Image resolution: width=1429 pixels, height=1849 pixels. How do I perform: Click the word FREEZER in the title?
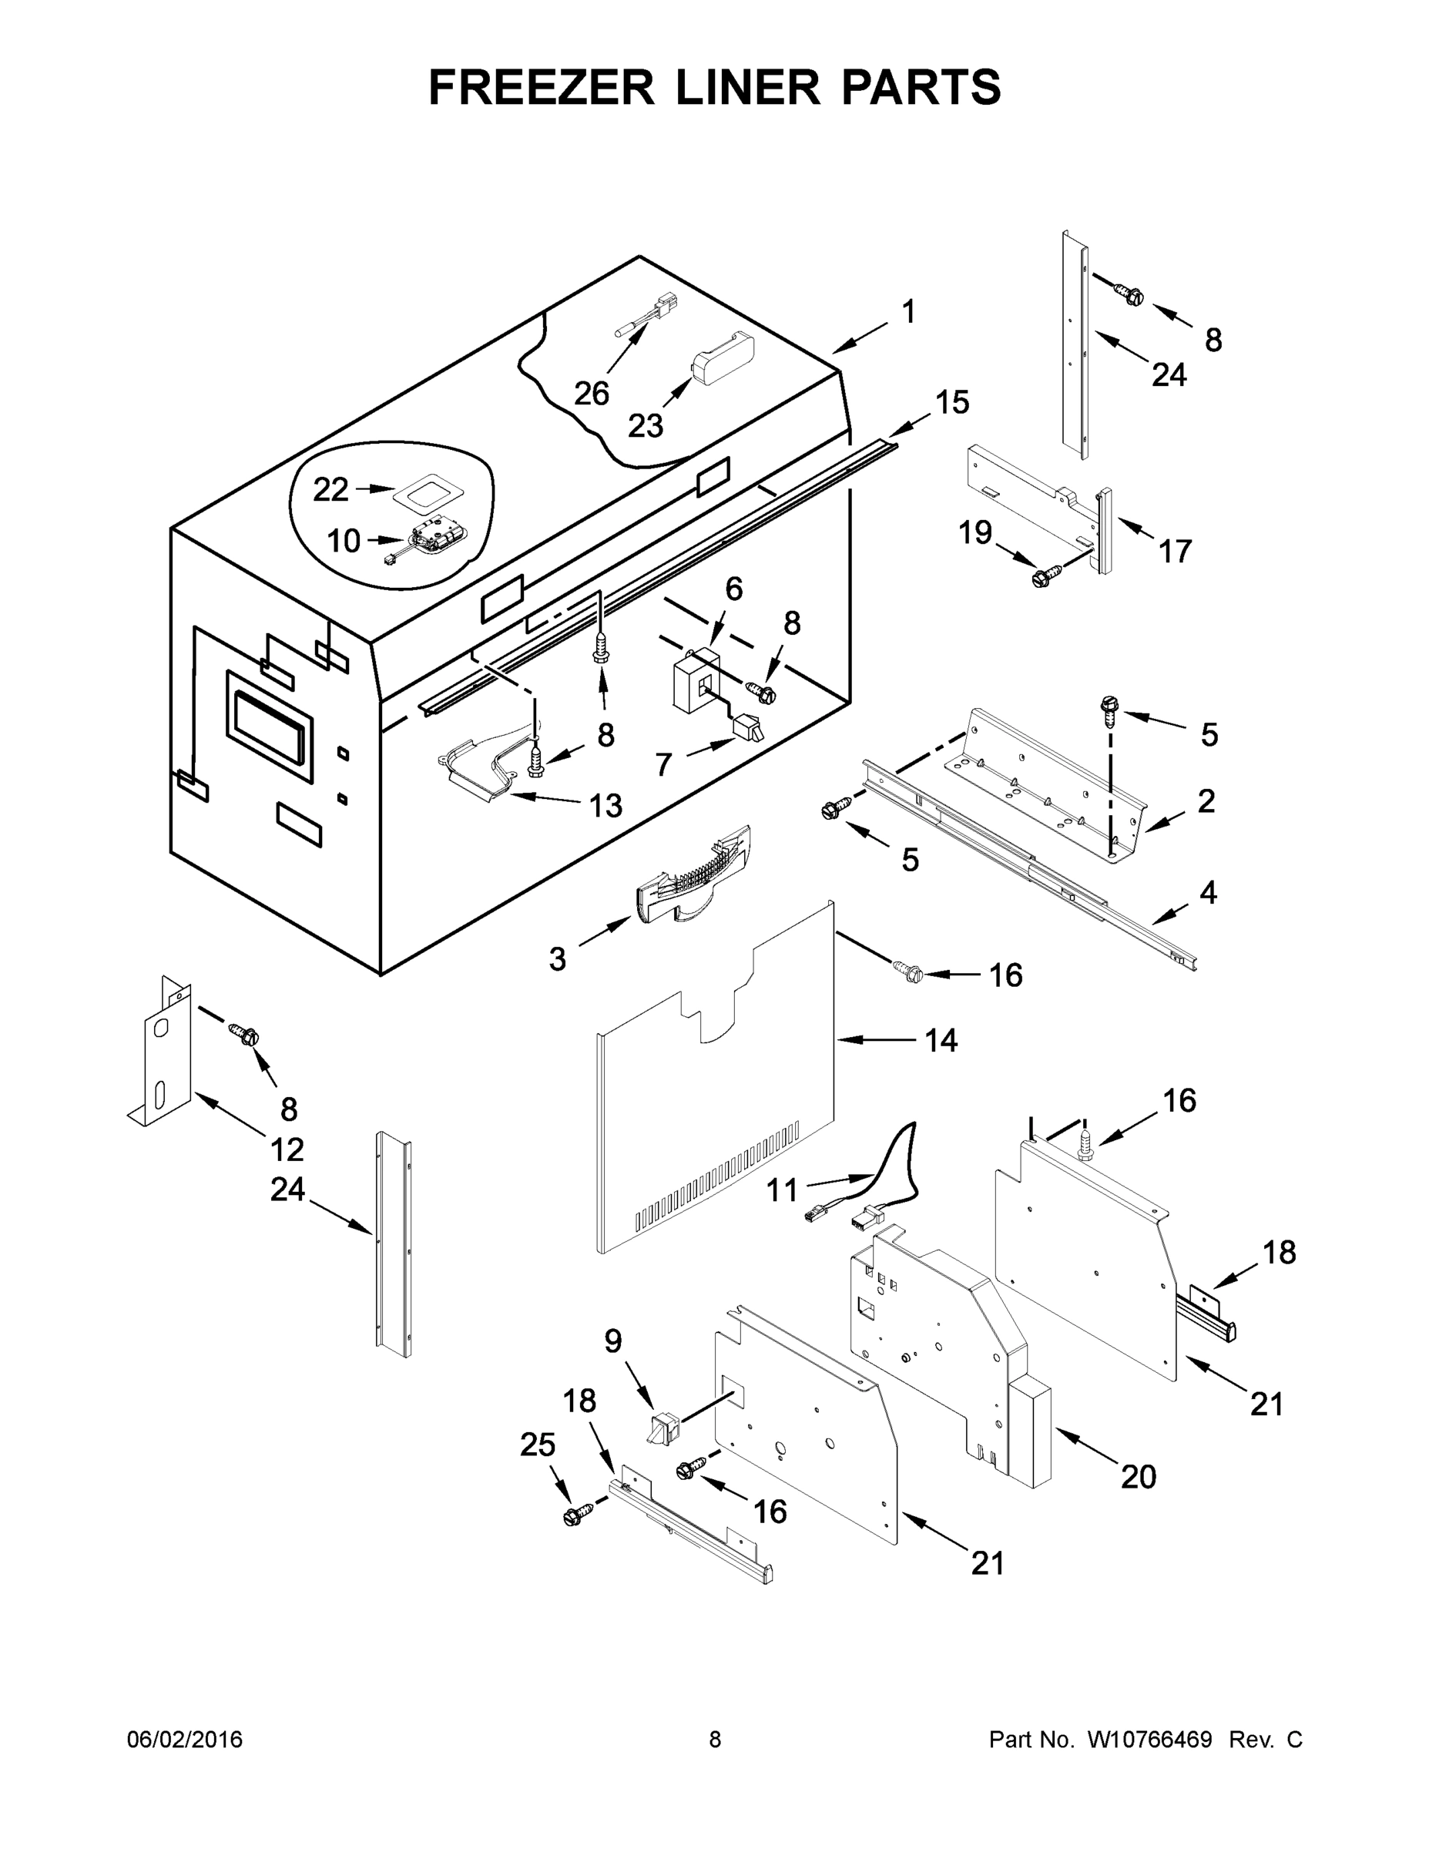coord(541,87)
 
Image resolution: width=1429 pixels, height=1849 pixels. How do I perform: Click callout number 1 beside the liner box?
coord(908,312)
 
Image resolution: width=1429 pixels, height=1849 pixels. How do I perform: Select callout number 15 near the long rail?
coord(952,403)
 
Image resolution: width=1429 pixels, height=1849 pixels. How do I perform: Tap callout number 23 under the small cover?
coord(645,426)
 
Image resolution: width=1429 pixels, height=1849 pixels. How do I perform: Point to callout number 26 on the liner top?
coord(591,394)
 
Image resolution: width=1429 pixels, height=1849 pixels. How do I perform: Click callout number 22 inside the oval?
coord(330,489)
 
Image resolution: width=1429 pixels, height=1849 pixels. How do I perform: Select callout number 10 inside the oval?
coord(343,541)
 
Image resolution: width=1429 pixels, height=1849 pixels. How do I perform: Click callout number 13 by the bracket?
coord(605,806)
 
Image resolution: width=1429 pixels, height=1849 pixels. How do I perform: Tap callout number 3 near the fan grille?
coord(556,959)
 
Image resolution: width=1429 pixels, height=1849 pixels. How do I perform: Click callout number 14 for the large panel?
coord(941,1041)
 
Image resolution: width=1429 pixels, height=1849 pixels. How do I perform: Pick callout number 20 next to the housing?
coord(1138,1478)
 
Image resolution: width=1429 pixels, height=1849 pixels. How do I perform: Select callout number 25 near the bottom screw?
coord(538,1445)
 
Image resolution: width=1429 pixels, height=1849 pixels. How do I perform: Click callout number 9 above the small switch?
coord(613,1342)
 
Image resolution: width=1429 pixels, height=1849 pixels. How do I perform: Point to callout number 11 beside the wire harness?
coord(781,1190)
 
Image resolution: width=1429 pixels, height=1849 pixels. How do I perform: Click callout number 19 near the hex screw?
coord(974,532)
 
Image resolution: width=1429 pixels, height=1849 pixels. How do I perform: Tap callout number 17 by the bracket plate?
coord(1175,552)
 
